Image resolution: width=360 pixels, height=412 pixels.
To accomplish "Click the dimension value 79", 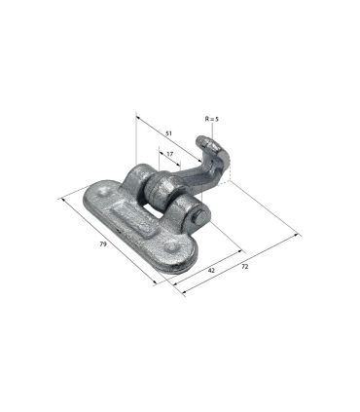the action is tap(103, 244).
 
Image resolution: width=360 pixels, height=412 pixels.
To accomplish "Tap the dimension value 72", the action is tap(245, 267).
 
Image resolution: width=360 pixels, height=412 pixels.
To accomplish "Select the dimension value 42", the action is tap(211, 270).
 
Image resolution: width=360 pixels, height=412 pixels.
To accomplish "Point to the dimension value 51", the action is tap(168, 133).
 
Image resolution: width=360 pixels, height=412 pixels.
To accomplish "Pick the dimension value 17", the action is tap(169, 154).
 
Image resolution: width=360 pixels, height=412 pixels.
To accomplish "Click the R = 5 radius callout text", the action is tap(212, 119).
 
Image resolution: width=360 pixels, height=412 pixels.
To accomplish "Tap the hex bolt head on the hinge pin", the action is tap(198, 216).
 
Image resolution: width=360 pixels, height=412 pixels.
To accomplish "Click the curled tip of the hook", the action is tap(203, 142).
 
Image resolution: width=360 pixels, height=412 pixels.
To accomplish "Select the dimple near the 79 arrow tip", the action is tap(103, 192).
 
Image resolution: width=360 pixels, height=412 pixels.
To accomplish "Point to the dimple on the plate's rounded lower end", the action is tap(170, 247).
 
